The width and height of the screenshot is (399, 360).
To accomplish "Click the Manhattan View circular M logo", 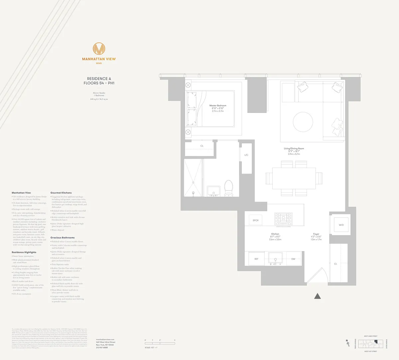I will (x=99, y=49).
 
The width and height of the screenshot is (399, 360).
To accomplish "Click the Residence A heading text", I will (x=99, y=79).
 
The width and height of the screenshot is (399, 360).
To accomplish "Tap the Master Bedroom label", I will (x=218, y=106).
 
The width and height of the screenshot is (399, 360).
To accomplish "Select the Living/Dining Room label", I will (x=294, y=148).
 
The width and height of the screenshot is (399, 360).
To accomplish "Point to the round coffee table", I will (x=303, y=122).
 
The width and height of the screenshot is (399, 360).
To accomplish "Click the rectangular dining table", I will (x=294, y=178).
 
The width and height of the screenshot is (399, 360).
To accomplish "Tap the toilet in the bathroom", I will (x=228, y=188).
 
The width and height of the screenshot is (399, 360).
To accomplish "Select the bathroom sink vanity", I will (x=212, y=191).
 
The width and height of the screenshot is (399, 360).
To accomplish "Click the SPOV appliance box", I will (x=256, y=221).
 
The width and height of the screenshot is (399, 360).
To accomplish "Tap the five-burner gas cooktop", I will (x=283, y=219).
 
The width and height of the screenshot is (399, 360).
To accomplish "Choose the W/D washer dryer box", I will (x=341, y=225).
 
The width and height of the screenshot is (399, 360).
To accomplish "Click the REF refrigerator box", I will (x=256, y=259).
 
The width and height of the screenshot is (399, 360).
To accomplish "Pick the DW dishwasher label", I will (x=293, y=259).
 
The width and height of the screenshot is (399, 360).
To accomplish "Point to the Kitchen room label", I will (x=275, y=234).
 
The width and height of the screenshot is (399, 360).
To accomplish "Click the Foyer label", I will (x=316, y=234).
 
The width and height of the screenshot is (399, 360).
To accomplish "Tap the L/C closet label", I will (x=246, y=155).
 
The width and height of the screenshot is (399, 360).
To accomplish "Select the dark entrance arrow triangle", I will (x=318, y=296).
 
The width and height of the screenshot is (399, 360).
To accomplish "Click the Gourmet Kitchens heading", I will (x=61, y=193).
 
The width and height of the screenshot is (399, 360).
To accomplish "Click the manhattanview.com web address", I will (x=105, y=339).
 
